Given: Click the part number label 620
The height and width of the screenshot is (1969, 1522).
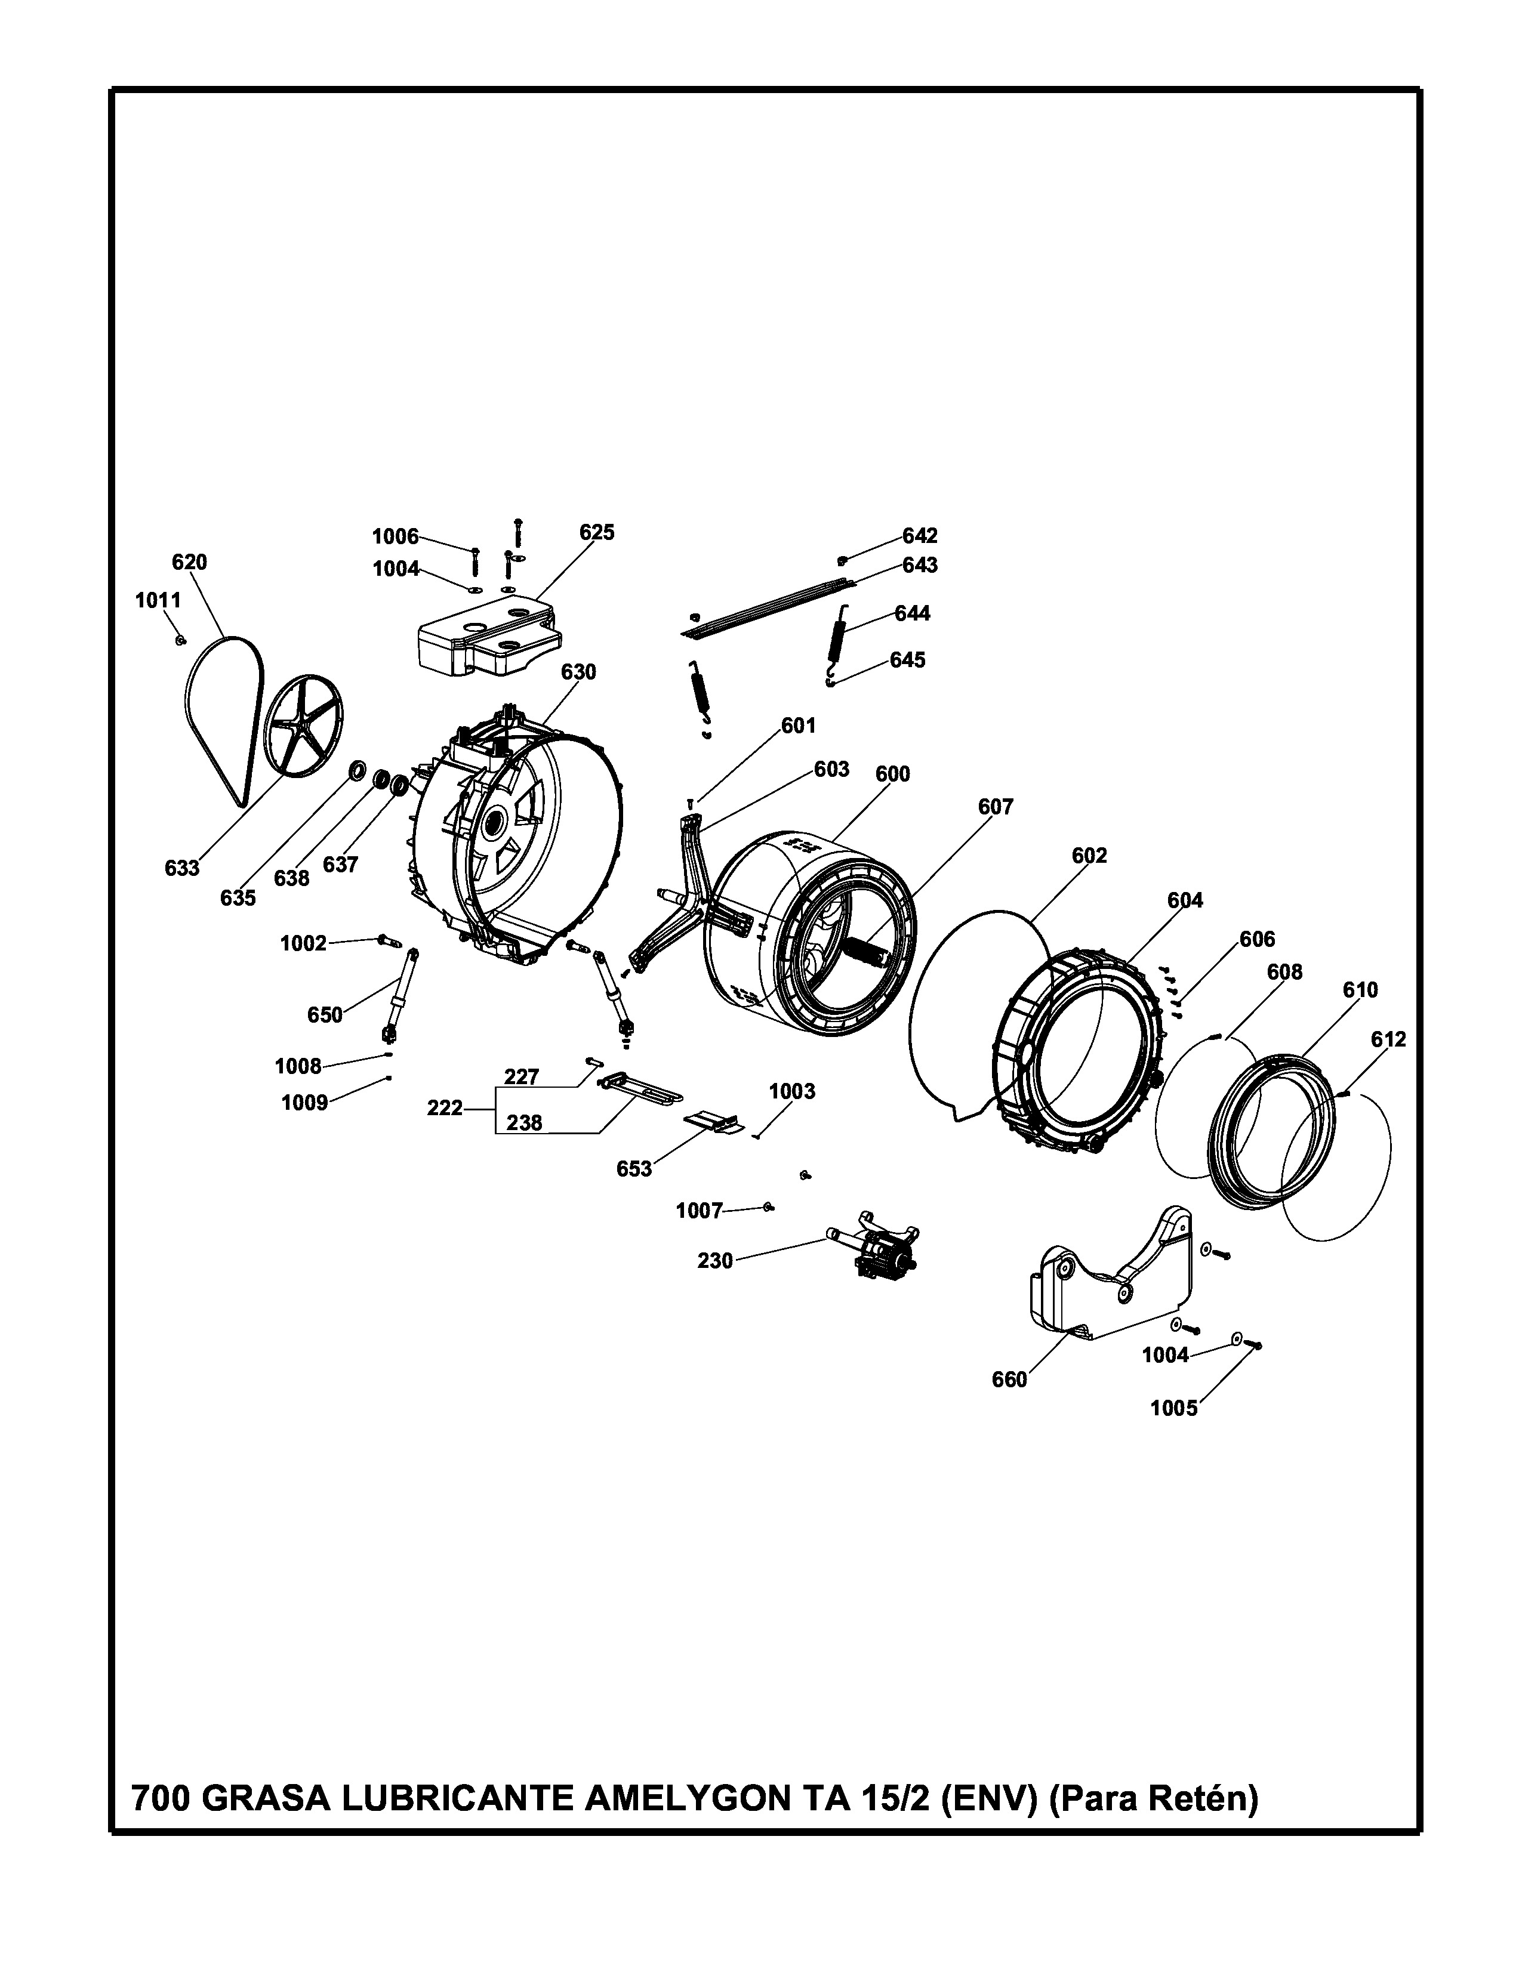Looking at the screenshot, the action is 189,563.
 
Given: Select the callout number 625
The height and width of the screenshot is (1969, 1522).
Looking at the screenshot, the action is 597,533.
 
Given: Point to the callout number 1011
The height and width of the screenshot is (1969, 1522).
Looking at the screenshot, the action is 158,600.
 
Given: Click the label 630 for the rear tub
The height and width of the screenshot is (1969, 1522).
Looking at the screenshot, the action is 579,672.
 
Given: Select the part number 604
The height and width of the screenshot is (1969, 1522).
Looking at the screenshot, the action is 1185,900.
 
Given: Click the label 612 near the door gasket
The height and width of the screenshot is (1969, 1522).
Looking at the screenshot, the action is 1388,1039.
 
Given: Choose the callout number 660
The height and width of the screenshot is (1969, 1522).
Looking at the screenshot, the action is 1009,1380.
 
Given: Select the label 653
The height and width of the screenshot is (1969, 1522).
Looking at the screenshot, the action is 634,1169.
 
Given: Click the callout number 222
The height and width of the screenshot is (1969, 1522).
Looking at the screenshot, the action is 445,1108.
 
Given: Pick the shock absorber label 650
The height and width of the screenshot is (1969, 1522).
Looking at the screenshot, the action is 325,1015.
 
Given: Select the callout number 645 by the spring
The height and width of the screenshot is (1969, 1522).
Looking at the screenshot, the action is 907,660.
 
